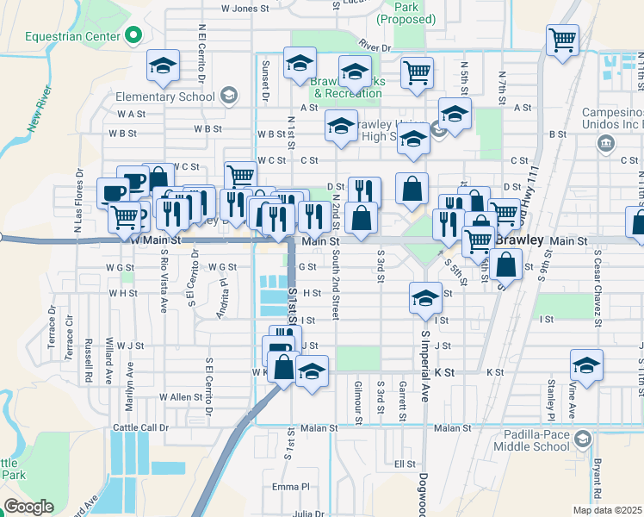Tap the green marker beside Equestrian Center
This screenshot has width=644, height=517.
[x=133, y=35]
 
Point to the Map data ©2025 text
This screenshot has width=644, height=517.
[x=607, y=510]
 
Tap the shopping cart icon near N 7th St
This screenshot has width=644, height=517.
[x=562, y=39]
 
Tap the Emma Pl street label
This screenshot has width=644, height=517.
[x=290, y=488]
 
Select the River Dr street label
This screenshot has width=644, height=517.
[x=375, y=48]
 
